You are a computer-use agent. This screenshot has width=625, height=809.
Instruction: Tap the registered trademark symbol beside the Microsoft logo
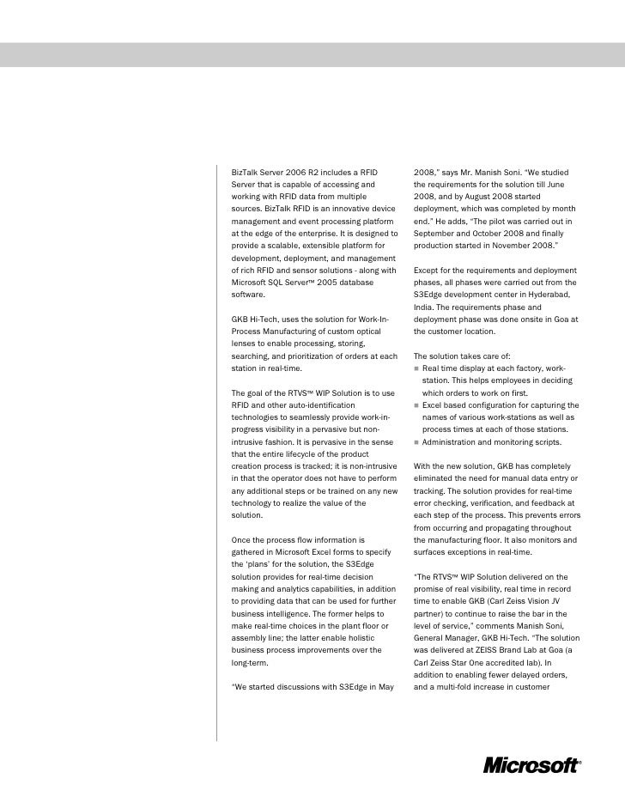(579, 761)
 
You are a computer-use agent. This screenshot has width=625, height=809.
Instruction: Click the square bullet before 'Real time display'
(416, 368)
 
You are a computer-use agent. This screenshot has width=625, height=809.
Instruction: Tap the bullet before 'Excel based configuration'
(416, 405)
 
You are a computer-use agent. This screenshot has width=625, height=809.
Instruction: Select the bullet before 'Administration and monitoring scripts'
(416, 442)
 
